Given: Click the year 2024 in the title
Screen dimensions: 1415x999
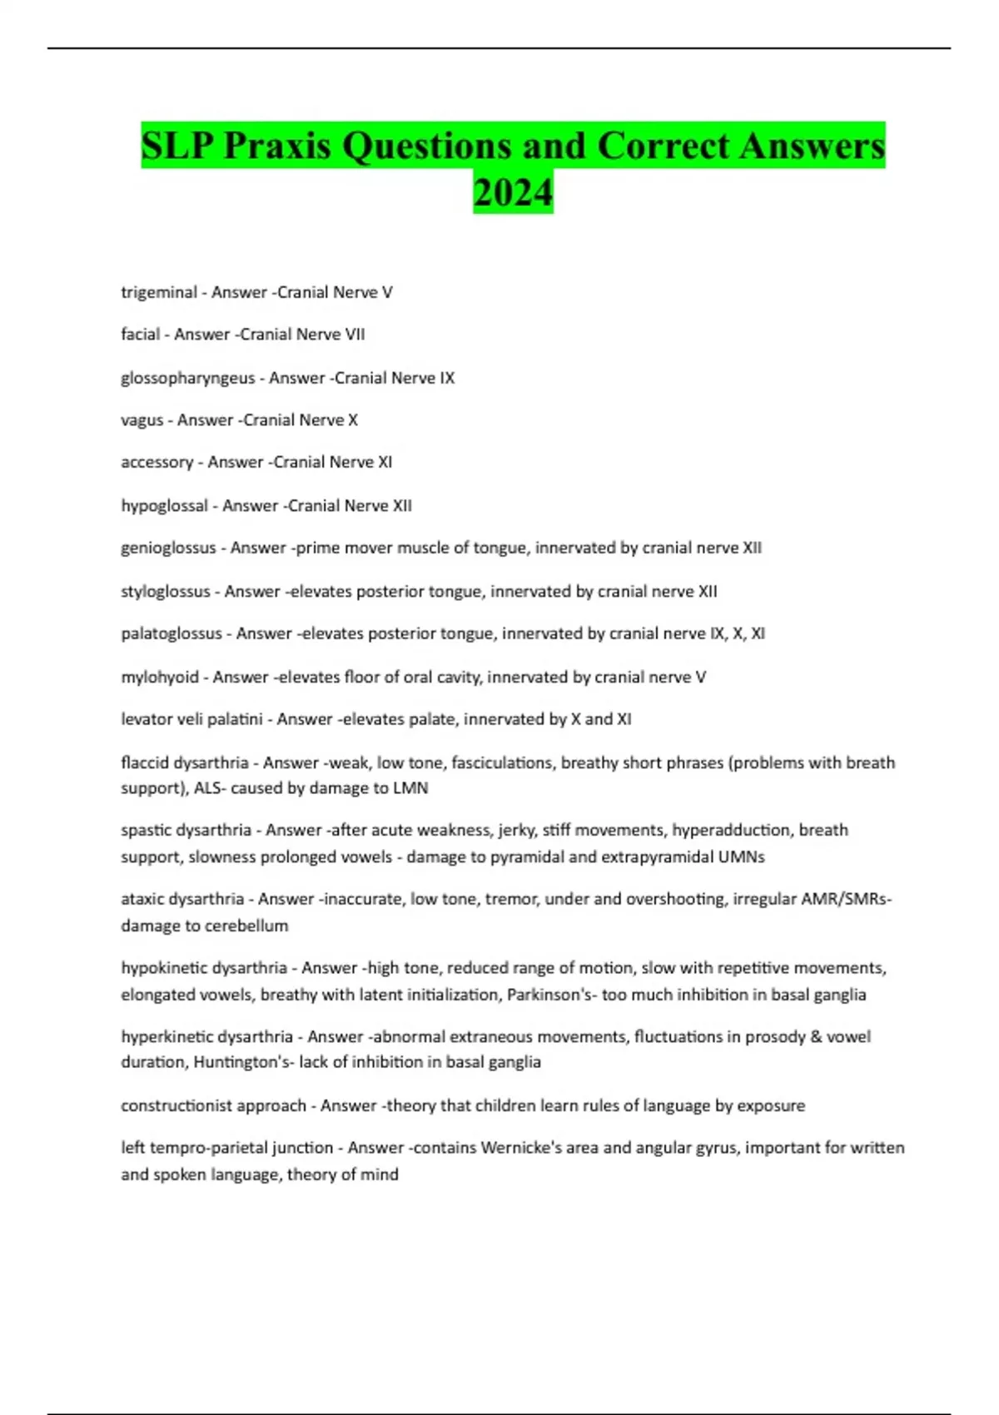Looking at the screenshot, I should (x=513, y=192).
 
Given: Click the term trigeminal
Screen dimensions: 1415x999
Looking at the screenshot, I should (x=159, y=292).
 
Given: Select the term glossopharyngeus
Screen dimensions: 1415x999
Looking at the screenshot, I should (x=187, y=378).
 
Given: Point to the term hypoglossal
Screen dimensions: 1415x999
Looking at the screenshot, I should (x=164, y=506).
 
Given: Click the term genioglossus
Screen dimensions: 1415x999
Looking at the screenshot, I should (x=168, y=548).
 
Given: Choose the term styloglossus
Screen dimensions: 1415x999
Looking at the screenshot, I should (x=166, y=592).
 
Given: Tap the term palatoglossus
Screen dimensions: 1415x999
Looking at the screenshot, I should (x=171, y=633).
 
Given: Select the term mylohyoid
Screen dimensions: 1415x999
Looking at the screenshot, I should (x=160, y=678).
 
